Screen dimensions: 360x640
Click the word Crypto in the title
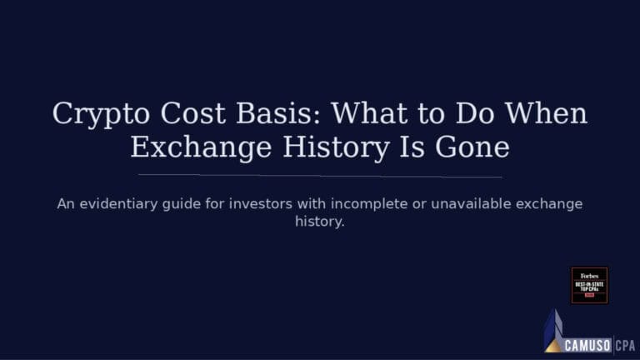click(92, 113)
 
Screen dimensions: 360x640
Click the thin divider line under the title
click(320, 176)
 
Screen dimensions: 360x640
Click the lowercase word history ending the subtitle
click(320, 222)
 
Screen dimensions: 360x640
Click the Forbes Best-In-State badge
click(589, 285)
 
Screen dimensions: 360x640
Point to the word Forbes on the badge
click(589, 275)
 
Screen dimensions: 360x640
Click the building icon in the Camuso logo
click(553, 332)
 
